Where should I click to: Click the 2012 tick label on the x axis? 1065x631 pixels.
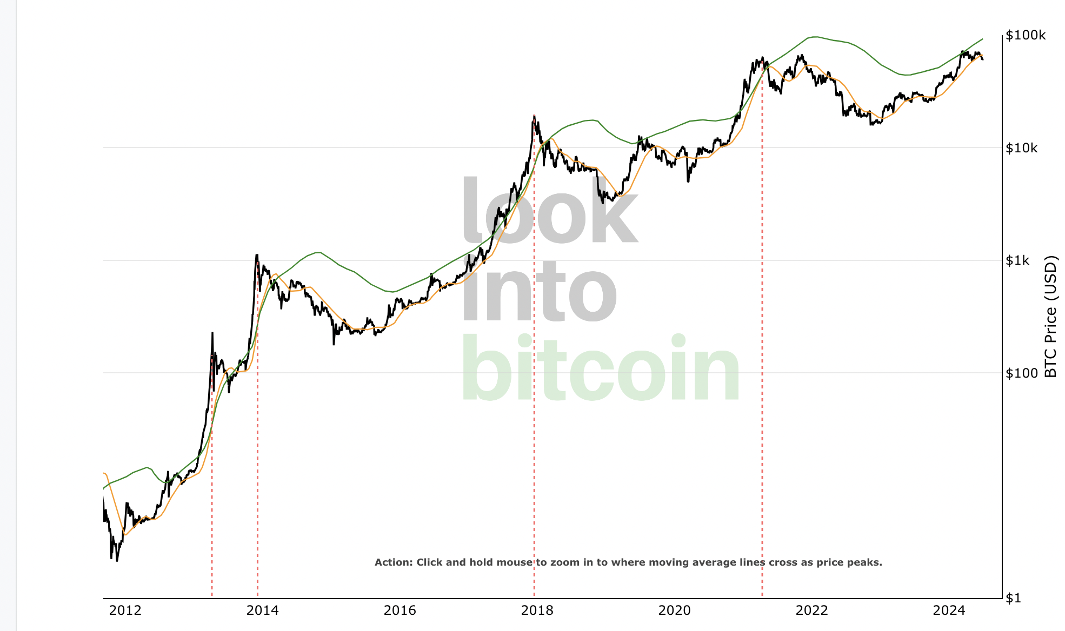(125, 610)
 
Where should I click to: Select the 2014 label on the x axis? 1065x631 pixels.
(262, 610)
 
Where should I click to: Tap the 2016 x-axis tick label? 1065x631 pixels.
(400, 610)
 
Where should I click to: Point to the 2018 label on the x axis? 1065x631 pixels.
(537, 610)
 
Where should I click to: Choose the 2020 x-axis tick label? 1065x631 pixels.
(674, 610)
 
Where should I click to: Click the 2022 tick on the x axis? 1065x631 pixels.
(811, 610)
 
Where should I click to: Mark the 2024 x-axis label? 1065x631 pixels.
(949, 610)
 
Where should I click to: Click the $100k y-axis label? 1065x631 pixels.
(1026, 36)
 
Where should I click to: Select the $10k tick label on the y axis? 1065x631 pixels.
(1021, 148)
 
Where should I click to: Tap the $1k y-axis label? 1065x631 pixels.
(1017, 261)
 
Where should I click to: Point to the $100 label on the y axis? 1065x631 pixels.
(1021, 373)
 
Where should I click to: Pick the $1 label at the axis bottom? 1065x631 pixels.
(1013, 598)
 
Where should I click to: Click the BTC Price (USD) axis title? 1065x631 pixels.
(1050, 317)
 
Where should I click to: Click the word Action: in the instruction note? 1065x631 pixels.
(394, 562)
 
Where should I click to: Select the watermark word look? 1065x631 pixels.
(549, 211)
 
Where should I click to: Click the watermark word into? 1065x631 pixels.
(539, 292)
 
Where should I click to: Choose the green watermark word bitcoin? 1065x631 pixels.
(600, 368)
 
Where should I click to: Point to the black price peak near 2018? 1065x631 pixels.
(534, 116)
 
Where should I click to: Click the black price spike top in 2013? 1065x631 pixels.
(212, 333)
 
